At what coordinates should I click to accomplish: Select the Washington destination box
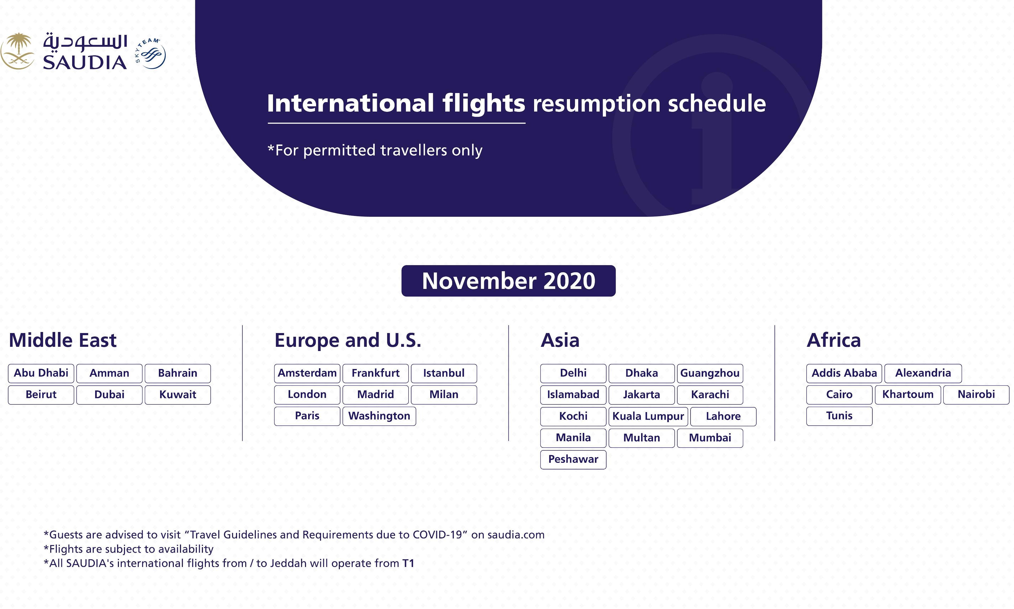tap(379, 416)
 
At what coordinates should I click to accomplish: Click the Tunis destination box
tap(839, 416)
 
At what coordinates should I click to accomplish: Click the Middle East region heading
tap(63, 340)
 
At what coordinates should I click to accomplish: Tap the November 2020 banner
tap(509, 281)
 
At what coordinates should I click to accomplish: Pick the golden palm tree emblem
tap(17, 51)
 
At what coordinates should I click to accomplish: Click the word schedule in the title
tap(717, 103)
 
